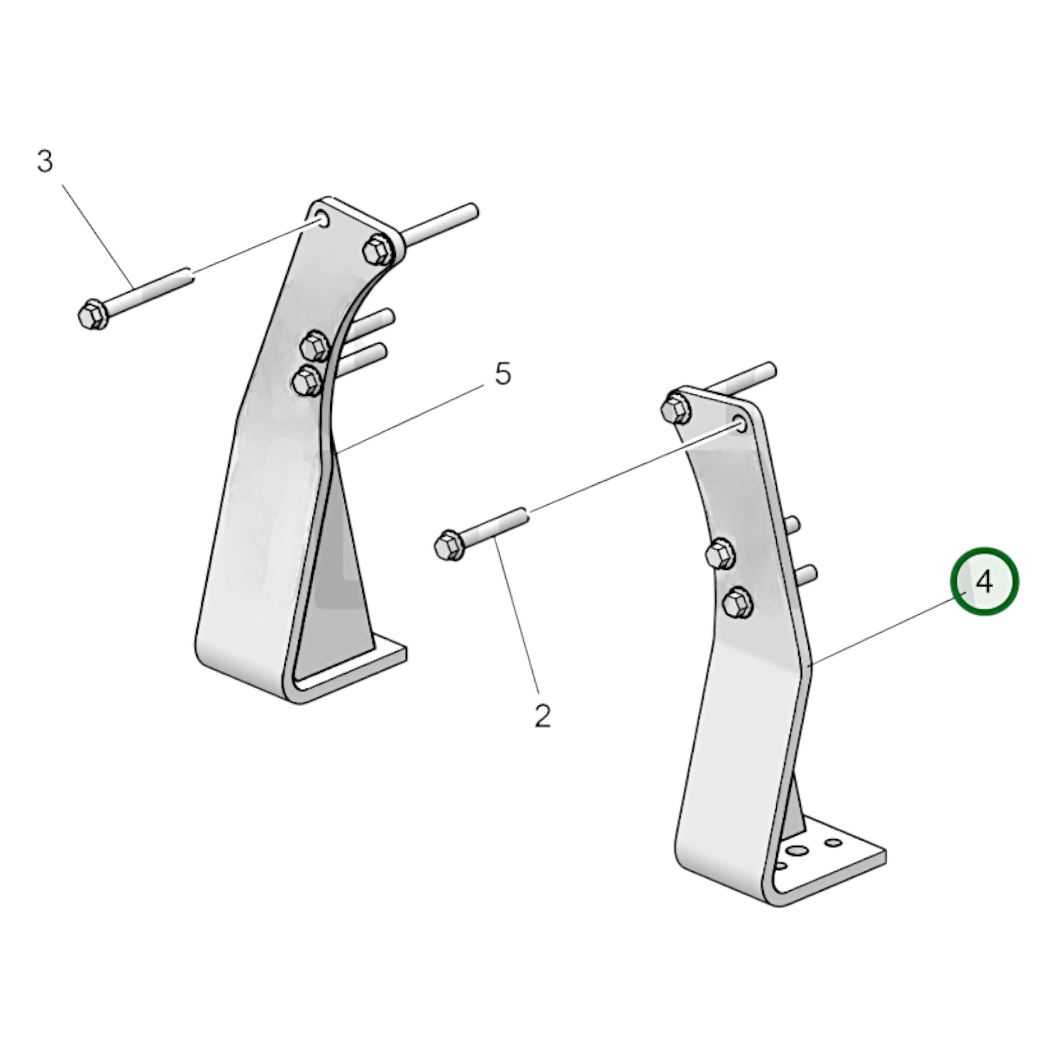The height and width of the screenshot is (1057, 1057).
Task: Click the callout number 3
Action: coord(45,162)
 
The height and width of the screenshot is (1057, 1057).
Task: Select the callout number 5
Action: coord(503,375)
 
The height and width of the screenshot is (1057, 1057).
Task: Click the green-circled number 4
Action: coord(984,582)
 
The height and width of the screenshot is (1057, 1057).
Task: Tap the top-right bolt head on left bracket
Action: coord(378,249)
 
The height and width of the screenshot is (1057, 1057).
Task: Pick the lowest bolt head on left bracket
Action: coord(307,380)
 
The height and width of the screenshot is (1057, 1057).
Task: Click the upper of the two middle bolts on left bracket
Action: coord(315,346)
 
